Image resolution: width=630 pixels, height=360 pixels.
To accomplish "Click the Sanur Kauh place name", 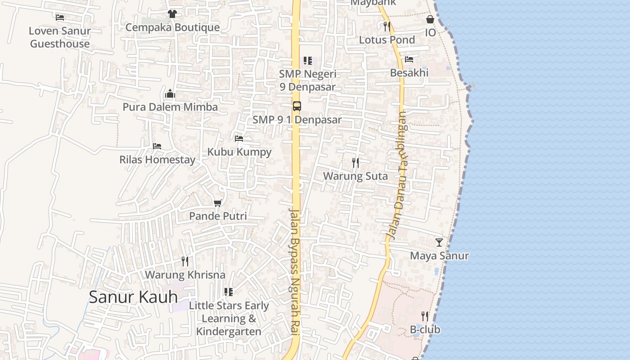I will tap(133, 297).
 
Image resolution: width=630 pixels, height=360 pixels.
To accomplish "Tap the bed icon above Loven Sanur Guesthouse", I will tap(60, 18).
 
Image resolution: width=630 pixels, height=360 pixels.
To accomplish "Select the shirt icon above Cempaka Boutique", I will tap(172, 14).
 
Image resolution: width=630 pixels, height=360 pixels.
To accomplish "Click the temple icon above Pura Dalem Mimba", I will tap(170, 94).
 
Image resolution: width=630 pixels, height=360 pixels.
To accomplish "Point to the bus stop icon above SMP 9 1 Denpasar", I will tap(297, 106).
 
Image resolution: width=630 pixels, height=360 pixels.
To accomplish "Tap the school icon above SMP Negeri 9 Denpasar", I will tap(308, 60).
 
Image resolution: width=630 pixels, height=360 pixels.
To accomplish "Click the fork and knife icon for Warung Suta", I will tap(355, 163).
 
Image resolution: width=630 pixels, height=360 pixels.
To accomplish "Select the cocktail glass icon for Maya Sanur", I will tap(439, 243).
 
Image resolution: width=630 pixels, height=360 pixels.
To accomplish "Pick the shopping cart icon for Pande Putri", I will tap(218, 203).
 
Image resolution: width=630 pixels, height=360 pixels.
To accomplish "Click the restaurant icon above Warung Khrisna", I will tap(185, 261).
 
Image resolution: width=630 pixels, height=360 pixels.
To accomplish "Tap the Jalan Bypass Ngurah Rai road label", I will tap(295, 272).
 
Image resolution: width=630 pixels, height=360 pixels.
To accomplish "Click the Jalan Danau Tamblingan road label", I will tap(397, 175).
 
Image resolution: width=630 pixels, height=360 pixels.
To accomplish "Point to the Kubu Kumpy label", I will tap(239, 152).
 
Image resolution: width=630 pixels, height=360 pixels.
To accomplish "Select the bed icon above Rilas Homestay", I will tap(157, 146).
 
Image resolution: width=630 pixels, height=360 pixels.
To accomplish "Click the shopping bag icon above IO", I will tap(430, 19).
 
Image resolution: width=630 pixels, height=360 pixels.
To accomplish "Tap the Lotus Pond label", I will tap(387, 40).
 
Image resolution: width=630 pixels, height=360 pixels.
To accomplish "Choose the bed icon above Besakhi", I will tap(409, 59).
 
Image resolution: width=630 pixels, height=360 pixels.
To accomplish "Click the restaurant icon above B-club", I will tap(425, 316).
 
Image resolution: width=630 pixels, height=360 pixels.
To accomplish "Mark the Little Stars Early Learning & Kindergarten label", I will tap(229, 319).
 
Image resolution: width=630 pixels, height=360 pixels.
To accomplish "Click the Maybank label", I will tap(373, 3).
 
